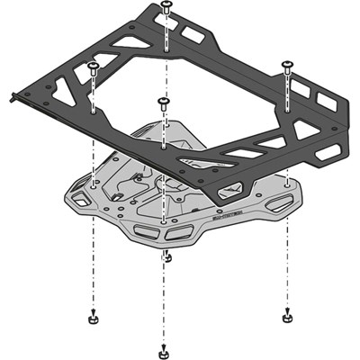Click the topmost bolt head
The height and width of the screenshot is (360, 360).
(166, 6)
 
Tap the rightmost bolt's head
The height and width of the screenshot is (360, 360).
(287, 63)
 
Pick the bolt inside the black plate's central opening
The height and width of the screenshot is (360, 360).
(163, 101)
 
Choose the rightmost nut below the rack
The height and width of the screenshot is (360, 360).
(285, 316)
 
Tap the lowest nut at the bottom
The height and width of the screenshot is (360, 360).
(162, 350)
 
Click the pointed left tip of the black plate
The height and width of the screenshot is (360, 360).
(20, 90)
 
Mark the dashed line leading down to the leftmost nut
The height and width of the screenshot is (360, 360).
(92, 270)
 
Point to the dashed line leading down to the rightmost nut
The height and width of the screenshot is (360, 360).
(286, 270)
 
